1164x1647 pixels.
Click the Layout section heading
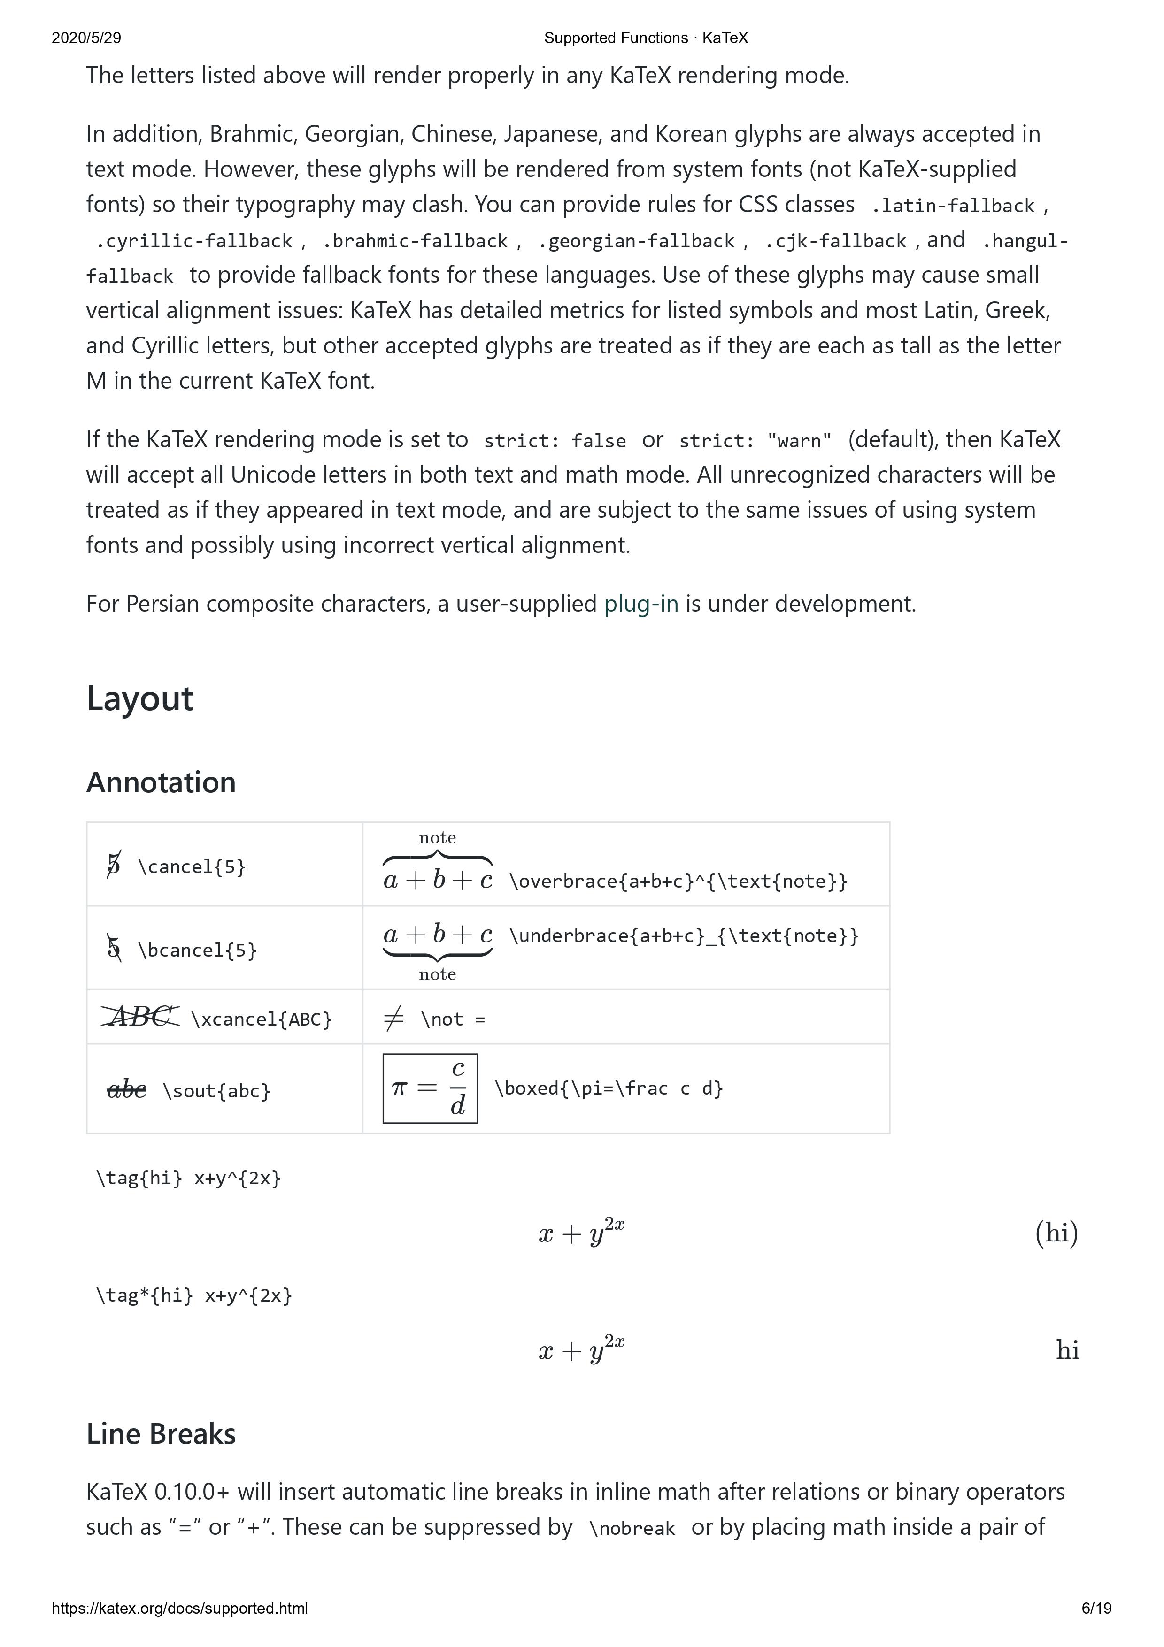[139, 699]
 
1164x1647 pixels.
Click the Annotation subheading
[161, 782]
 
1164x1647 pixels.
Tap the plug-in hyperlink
[641, 604]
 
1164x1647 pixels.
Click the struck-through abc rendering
[126, 1090]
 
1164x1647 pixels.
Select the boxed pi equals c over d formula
[430, 1088]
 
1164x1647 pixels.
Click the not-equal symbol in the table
[394, 1018]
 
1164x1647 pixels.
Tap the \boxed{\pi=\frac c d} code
[609, 1088]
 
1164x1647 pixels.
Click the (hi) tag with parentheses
[1056, 1233]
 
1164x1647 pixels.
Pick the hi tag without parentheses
[1067, 1350]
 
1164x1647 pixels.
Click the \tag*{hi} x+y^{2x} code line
[194, 1295]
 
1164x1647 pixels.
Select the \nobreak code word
[632, 1529]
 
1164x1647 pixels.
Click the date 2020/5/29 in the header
[86, 38]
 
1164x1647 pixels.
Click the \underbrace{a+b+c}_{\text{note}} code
[683, 935]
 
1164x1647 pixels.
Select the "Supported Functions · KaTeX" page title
[646, 38]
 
